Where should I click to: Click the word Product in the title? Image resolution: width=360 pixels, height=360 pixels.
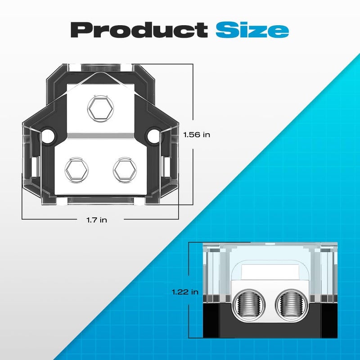(139, 30)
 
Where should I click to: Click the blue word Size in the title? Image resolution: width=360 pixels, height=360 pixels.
(252, 30)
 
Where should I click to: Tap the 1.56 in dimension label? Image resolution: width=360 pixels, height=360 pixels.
(197, 135)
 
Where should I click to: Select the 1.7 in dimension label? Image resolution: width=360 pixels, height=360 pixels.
(97, 220)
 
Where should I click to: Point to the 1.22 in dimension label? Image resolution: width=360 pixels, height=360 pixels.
(185, 292)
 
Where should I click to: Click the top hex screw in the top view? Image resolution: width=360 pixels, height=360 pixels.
(100, 108)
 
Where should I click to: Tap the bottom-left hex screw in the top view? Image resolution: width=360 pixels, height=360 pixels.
(76, 170)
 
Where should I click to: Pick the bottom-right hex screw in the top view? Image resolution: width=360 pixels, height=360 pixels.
(125, 170)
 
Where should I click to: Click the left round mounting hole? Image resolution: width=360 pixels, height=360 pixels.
(48, 136)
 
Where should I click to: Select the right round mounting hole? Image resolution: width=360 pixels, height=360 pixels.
(153, 136)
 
